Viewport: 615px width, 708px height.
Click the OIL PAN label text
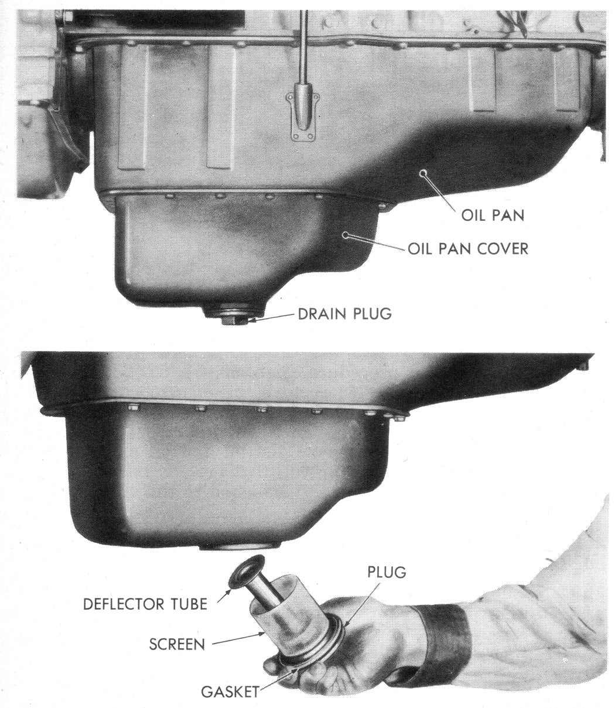[x=493, y=216]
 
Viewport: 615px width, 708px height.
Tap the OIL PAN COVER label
[x=468, y=249]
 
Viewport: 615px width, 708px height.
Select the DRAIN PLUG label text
[x=345, y=314]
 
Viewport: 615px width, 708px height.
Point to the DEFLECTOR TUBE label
[x=145, y=604]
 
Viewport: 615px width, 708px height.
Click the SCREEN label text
[x=177, y=644]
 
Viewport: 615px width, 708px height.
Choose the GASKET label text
[x=230, y=692]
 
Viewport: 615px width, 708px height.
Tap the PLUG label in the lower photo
[x=387, y=572]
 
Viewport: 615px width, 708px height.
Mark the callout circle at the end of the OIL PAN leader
[x=422, y=174]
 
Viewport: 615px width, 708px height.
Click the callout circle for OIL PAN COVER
[x=345, y=235]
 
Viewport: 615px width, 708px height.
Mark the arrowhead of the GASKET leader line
[x=295, y=669]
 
